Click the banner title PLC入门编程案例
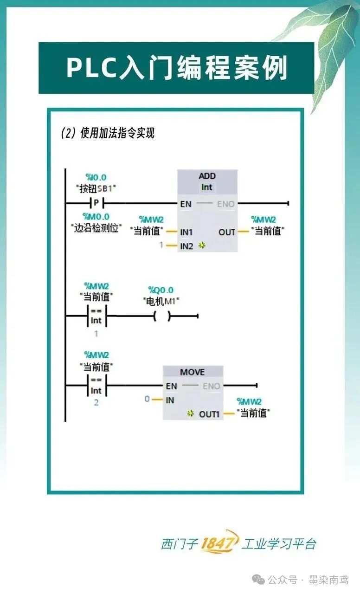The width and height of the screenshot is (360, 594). (x=176, y=68)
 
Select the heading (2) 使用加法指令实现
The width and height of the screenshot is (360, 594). (x=108, y=134)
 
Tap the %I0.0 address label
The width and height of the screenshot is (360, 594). (x=96, y=177)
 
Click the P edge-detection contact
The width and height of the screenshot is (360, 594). (x=96, y=203)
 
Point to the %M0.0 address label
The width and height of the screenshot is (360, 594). (x=96, y=217)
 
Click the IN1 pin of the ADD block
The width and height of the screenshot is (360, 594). (x=186, y=232)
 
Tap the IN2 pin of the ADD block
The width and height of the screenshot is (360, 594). (x=186, y=246)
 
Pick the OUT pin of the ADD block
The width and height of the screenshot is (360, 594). (x=227, y=232)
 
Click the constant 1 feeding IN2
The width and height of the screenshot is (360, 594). (x=161, y=245)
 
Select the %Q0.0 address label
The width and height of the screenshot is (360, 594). (x=161, y=290)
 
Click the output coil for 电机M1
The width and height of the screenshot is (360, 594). (x=162, y=316)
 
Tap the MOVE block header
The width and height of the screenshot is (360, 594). (x=192, y=372)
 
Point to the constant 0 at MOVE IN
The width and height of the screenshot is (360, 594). (x=147, y=399)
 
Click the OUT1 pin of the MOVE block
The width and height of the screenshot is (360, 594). (x=209, y=413)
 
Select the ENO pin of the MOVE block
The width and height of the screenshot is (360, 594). (x=212, y=386)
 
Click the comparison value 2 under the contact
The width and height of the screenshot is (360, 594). (x=96, y=402)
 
